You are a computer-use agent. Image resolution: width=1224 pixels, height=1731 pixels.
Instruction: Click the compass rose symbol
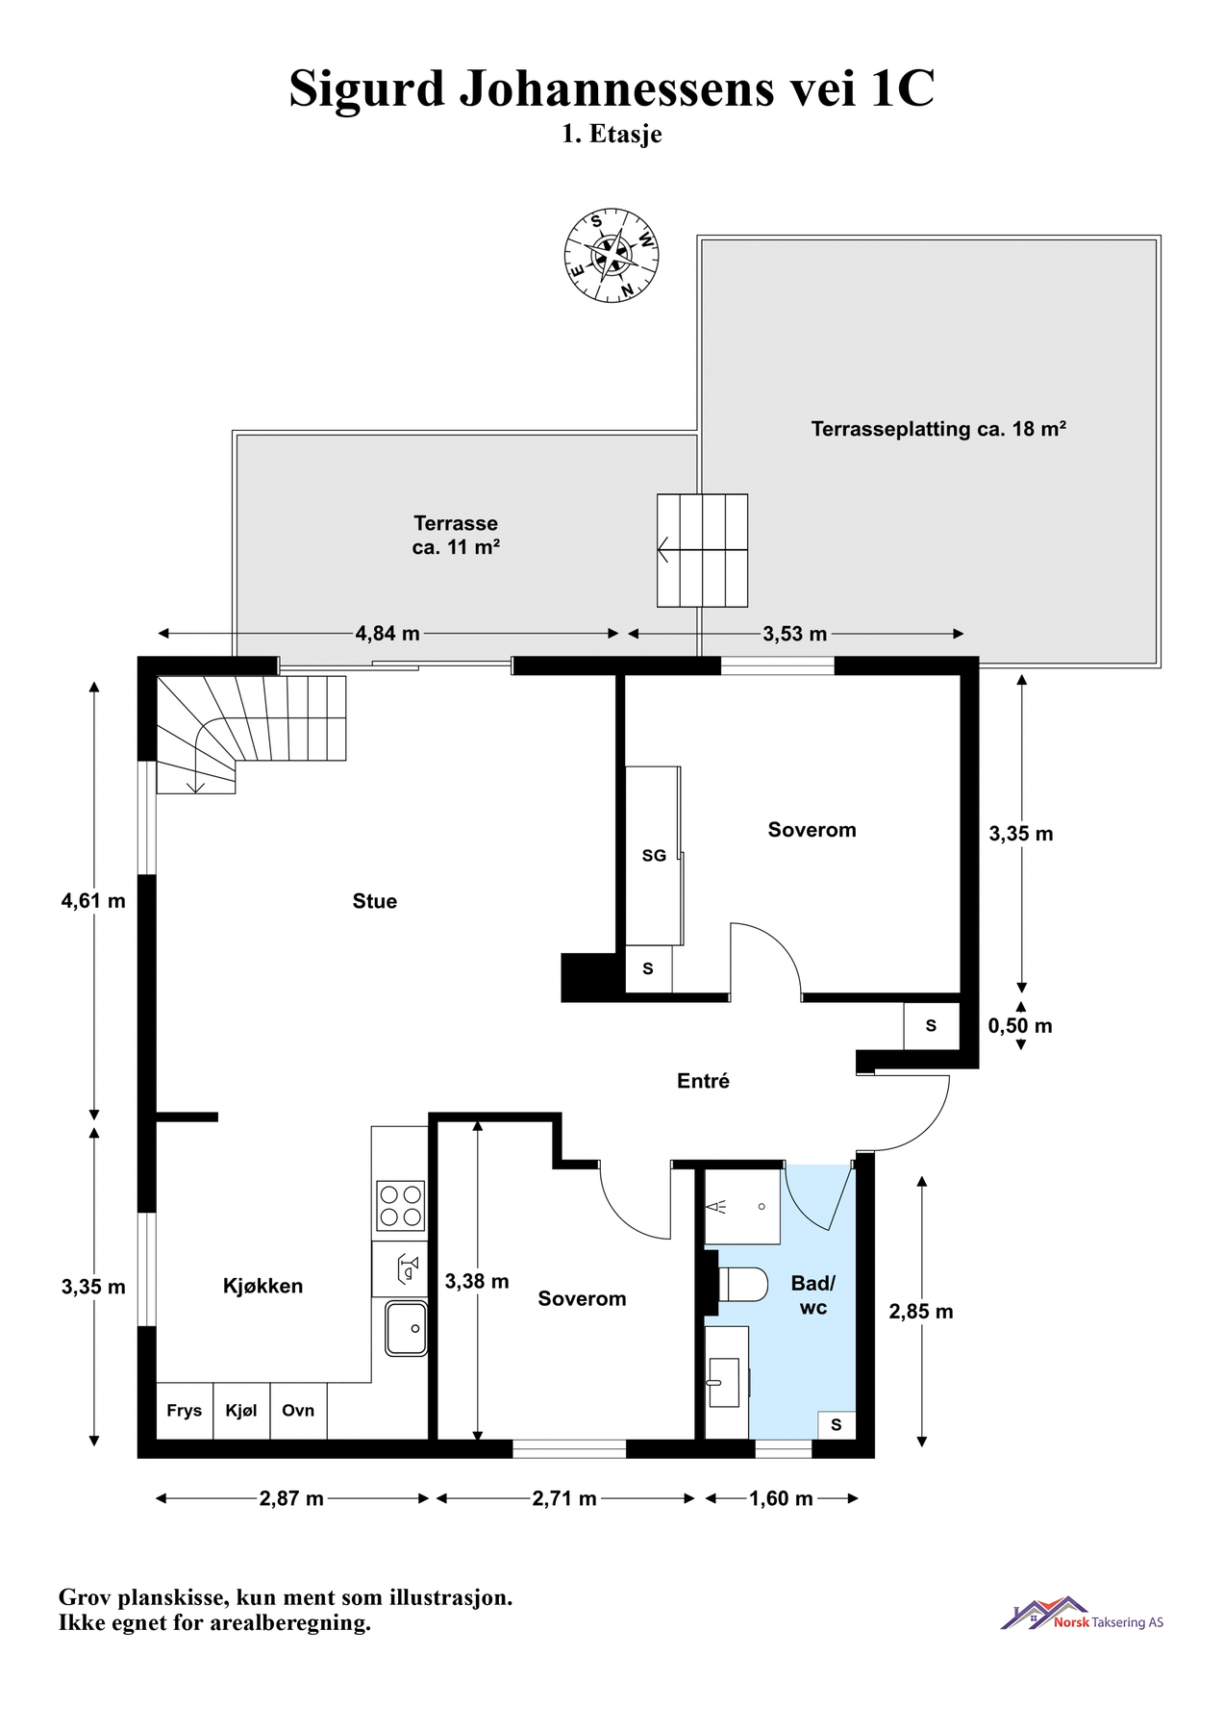pyautogui.click(x=611, y=256)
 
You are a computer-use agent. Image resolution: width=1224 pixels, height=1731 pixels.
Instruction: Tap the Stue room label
pyautogui.click(x=374, y=901)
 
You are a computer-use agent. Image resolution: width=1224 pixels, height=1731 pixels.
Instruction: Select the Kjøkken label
pyautogui.click(x=262, y=1286)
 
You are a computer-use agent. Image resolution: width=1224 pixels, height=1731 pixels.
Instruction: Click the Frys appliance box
pyautogui.click(x=185, y=1410)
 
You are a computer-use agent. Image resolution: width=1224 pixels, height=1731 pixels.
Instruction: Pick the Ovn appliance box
pyautogui.click(x=298, y=1410)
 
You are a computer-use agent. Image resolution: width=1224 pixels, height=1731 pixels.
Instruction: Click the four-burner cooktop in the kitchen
pyautogui.click(x=400, y=1206)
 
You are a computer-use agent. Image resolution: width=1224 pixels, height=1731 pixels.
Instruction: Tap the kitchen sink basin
pyautogui.click(x=406, y=1328)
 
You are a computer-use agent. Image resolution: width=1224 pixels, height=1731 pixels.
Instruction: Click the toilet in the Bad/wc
pyautogui.click(x=743, y=1284)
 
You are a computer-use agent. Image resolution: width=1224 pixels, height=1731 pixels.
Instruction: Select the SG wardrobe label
pyautogui.click(x=654, y=855)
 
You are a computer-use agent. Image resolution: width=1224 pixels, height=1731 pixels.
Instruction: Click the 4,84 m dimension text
pyautogui.click(x=387, y=634)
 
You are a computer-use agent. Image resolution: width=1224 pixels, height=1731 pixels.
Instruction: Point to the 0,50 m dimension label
pyautogui.click(x=1020, y=1026)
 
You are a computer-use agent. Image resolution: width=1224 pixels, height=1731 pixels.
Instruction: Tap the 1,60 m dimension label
pyautogui.click(x=781, y=1498)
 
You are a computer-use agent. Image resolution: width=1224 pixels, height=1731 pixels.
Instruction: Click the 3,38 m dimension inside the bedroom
pyautogui.click(x=477, y=1281)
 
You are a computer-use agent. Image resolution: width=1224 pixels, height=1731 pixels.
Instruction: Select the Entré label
pyautogui.click(x=703, y=1081)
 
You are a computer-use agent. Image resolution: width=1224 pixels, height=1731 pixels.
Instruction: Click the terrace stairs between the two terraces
pyautogui.click(x=702, y=550)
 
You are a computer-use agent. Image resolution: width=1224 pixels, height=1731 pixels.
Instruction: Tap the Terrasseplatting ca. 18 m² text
pyautogui.click(x=938, y=429)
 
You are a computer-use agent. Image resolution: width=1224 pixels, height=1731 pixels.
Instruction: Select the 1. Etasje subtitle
pyautogui.click(x=612, y=134)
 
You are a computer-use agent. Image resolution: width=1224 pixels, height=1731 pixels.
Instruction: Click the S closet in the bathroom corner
pyautogui.click(x=836, y=1424)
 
